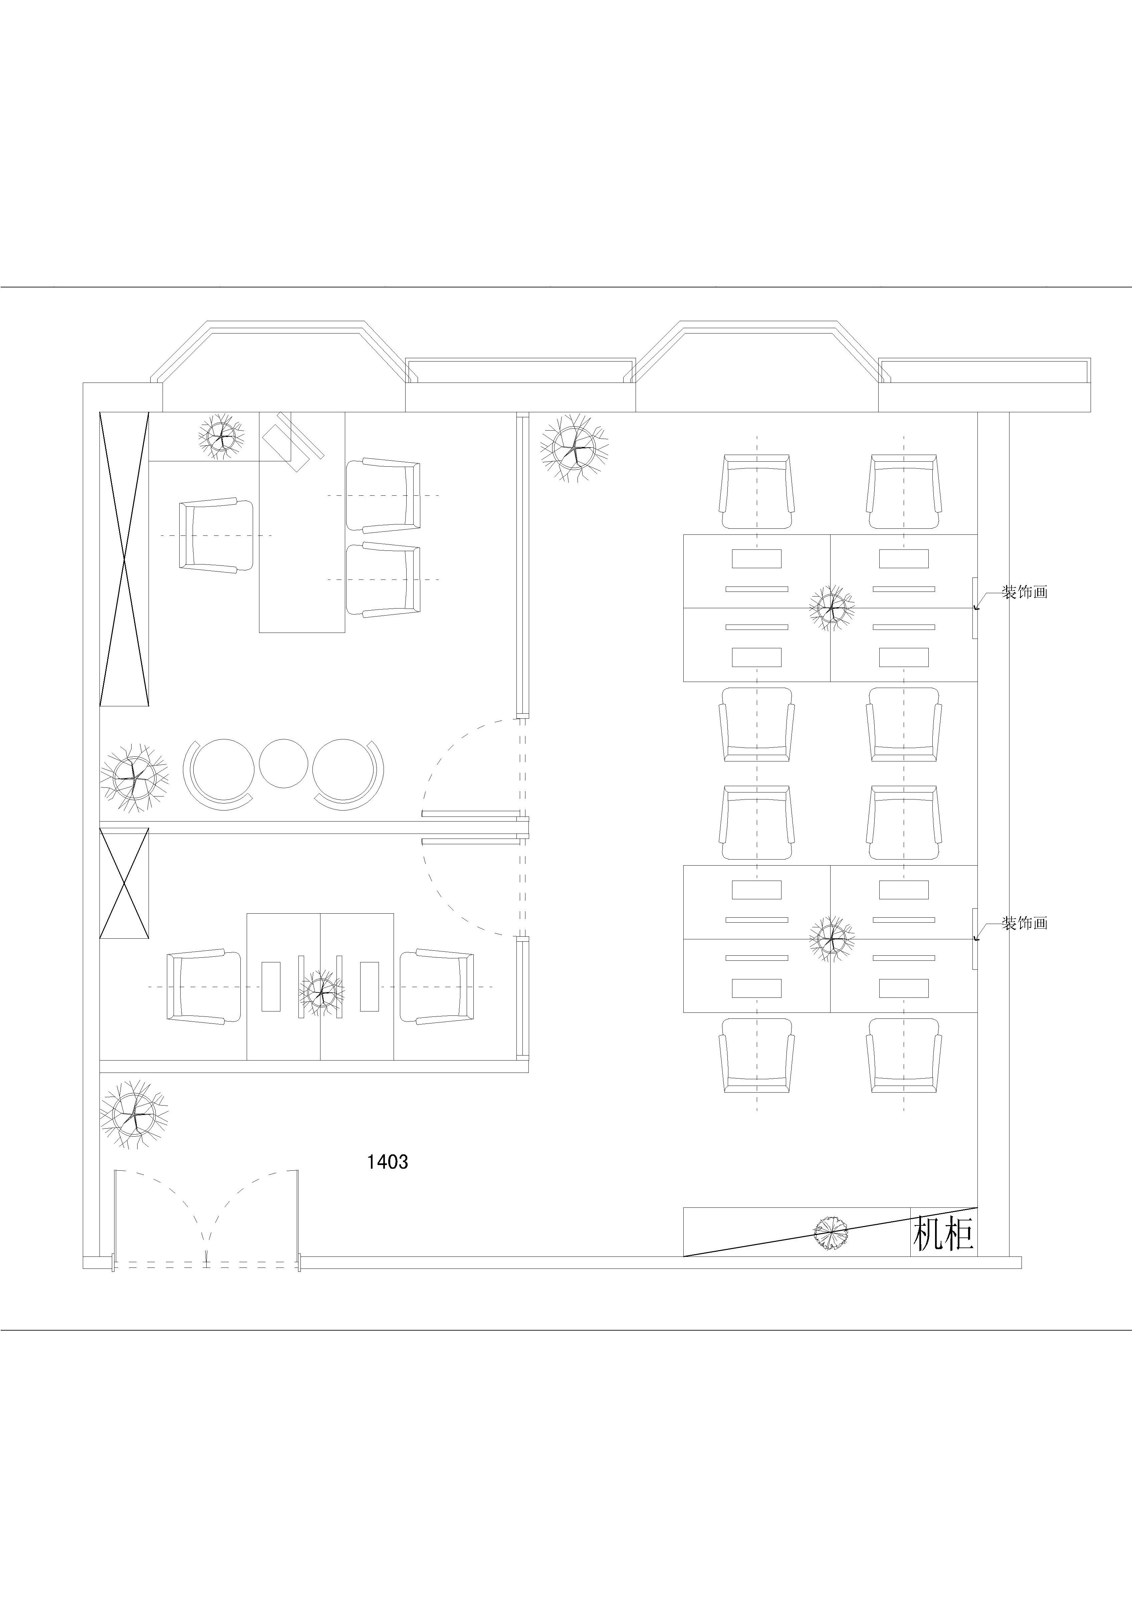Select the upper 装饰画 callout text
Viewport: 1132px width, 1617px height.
click(1025, 592)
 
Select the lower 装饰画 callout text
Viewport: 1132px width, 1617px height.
click(1025, 923)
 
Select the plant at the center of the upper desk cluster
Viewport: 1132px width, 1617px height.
click(832, 607)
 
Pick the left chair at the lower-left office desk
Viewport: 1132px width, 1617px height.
click(204, 987)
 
